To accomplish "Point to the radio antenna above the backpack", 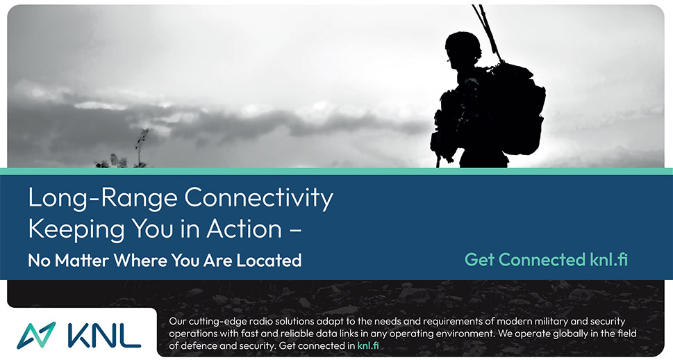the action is click(x=487, y=32).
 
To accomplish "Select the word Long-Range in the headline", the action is click(x=103, y=198).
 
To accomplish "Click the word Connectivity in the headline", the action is click(x=259, y=198).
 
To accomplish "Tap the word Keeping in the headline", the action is click(x=77, y=229).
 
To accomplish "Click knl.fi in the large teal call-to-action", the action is click(x=606, y=259).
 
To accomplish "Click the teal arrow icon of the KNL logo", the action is click(x=36, y=335).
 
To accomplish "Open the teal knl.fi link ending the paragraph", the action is click(x=368, y=345).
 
